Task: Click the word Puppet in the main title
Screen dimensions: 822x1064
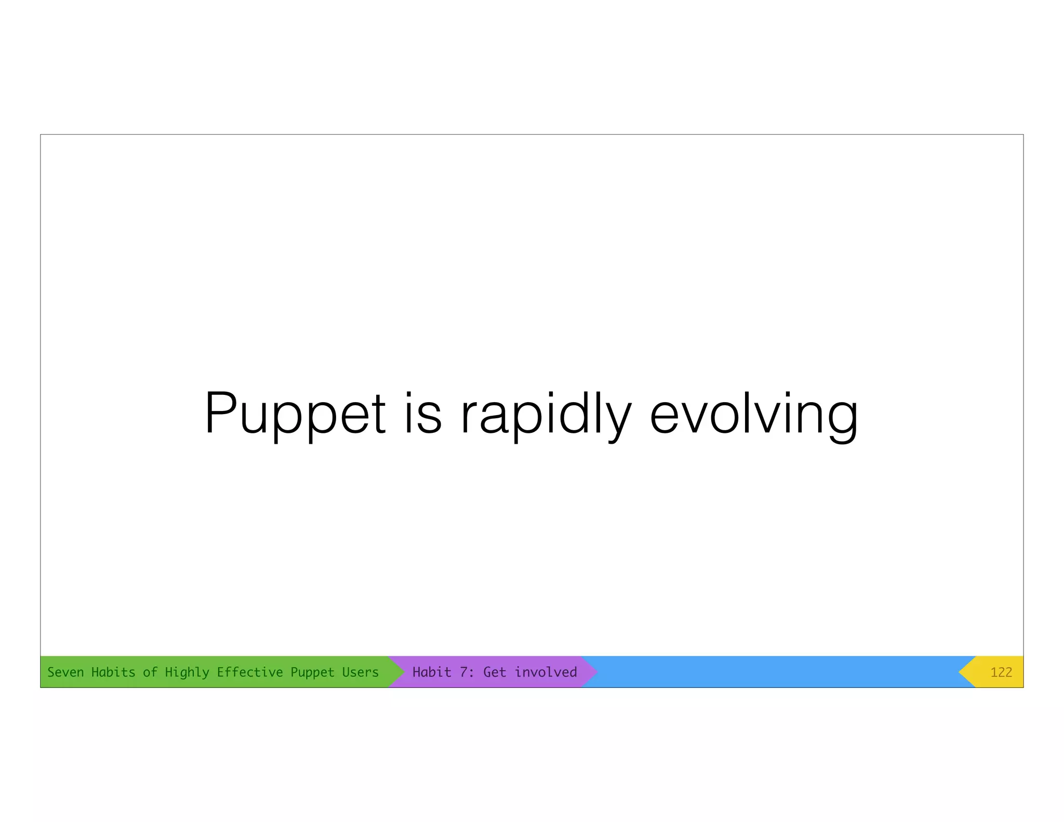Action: coord(295,414)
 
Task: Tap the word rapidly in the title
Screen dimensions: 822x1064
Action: coord(546,414)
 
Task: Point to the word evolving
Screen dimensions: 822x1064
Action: coord(753,414)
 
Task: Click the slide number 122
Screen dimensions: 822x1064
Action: coord(1001,672)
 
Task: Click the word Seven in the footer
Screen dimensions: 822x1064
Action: coord(65,672)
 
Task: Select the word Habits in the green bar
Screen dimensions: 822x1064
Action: coord(113,672)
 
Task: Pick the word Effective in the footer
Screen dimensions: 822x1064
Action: coord(249,672)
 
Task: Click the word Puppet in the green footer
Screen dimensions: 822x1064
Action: coord(312,672)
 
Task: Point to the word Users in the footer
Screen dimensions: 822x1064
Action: coord(360,672)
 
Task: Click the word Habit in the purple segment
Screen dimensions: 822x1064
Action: coord(432,672)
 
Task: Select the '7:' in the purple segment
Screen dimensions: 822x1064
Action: coord(467,672)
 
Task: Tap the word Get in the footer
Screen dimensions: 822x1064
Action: coord(495,672)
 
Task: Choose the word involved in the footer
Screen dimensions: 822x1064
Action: coord(546,672)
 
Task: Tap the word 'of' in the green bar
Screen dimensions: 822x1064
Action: coord(150,672)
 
